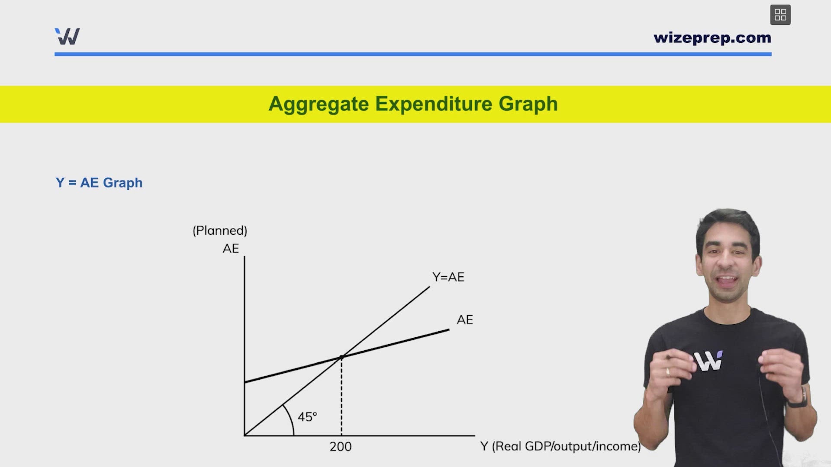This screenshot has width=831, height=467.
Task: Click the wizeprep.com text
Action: click(712, 38)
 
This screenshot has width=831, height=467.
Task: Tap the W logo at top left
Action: click(68, 36)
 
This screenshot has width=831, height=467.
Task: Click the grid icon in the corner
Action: click(780, 15)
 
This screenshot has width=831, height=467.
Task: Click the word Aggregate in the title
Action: click(319, 104)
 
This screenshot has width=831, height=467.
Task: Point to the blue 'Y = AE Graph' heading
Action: click(99, 183)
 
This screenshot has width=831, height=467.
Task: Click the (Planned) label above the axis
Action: click(220, 230)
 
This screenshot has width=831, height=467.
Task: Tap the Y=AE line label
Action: click(448, 277)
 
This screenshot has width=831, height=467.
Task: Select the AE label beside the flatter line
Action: click(465, 320)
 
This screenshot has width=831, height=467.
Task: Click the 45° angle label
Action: click(307, 417)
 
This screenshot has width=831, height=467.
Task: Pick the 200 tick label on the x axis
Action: click(341, 447)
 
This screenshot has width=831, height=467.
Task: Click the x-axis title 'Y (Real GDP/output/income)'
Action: click(560, 446)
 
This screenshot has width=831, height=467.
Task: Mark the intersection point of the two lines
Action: click(341, 357)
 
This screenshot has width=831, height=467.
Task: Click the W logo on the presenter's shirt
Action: click(709, 361)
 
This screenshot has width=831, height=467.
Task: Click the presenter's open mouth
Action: click(728, 281)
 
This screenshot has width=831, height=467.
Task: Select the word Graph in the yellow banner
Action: click(528, 104)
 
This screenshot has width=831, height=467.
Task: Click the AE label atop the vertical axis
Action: click(231, 249)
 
